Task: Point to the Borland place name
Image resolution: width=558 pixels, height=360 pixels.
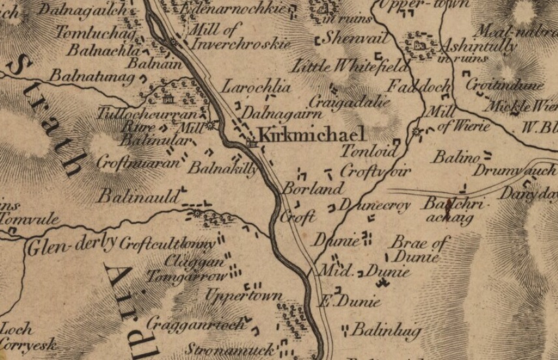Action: [312, 189]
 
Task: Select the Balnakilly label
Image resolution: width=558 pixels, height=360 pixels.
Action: [222, 168]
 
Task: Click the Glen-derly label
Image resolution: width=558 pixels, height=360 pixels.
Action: [71, 244]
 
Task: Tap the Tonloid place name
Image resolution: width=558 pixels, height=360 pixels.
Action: [370, 151]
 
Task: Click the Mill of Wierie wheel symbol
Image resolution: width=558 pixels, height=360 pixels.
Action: [417, 132]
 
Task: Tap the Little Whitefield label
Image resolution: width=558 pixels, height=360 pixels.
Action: [350, 67]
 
